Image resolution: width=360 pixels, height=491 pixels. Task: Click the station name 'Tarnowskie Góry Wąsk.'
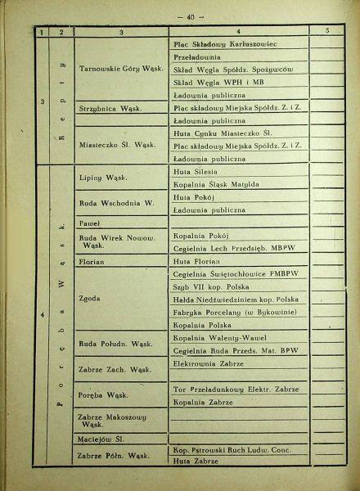(118, 70)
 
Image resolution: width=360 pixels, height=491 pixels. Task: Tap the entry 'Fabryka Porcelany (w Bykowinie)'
(227, 313)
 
